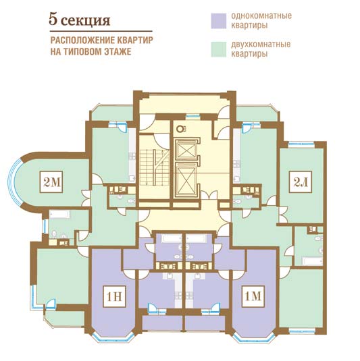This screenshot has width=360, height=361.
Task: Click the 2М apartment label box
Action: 51,182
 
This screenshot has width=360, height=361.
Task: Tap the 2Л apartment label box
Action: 301,182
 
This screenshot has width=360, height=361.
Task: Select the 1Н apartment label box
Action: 114,296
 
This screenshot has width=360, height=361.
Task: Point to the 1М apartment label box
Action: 253,296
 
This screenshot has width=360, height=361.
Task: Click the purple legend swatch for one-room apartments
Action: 219,21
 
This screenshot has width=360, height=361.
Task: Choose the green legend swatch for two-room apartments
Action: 219,49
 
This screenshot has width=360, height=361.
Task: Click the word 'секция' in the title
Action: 86,21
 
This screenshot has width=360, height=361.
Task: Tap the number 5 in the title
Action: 53,20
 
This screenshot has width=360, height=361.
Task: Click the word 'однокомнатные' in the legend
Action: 261,16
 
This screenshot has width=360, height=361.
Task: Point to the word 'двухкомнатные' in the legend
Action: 261,45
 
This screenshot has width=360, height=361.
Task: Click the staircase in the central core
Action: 154,167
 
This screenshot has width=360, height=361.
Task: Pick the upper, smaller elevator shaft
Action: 186,149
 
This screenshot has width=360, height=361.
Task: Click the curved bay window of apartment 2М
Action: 14,182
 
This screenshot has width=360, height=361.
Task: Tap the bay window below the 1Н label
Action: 113,338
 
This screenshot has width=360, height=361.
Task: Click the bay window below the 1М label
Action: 253,338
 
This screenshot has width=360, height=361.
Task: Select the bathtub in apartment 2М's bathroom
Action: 59,214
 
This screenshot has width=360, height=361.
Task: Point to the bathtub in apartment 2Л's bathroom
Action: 312,261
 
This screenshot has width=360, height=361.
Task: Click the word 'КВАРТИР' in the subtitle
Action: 135,40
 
